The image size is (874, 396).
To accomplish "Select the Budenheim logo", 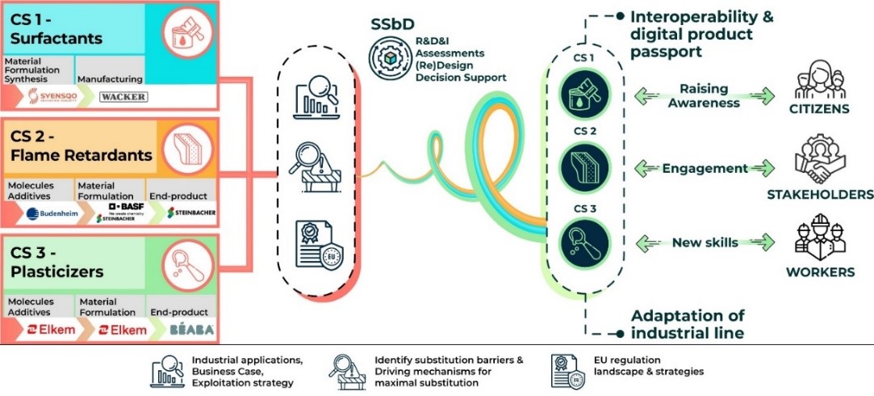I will click(44, 213).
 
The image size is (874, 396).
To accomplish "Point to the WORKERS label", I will click(820, 272).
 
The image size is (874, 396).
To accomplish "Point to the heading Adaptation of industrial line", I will click(688, 323).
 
